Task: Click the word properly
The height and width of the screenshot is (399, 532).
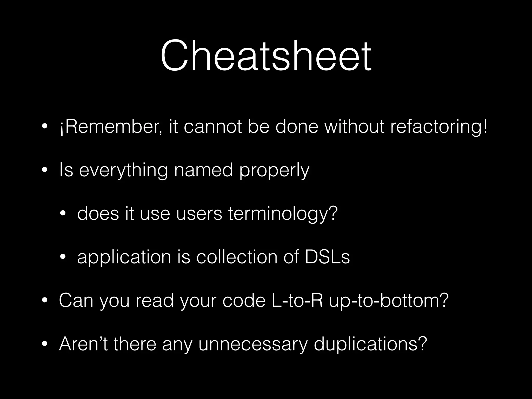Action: [274, 171]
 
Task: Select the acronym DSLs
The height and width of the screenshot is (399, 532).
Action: [327, 257]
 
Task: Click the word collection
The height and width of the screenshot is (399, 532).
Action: [236, 257]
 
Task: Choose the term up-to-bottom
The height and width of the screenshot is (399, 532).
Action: [389, 301]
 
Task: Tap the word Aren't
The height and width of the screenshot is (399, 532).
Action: [83, 344]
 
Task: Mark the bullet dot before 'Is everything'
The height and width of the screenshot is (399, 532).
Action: [45, 171]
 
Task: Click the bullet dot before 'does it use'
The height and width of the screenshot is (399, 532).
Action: [63, 214]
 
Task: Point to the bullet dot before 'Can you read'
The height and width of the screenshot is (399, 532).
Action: [45, 301]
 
